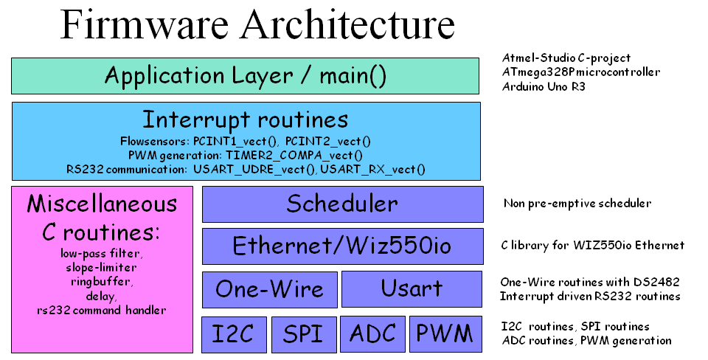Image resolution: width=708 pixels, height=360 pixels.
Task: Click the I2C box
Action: [234, 334]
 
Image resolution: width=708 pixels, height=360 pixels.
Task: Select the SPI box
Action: [304, 334]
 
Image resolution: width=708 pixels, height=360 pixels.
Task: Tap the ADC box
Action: [372, 333]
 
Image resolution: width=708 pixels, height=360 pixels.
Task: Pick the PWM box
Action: [445, 333]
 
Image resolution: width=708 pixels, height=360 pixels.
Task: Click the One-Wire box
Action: [270, 289]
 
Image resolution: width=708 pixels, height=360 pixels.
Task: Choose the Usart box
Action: [412, 289]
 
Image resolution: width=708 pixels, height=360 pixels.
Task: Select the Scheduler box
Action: [343, 204]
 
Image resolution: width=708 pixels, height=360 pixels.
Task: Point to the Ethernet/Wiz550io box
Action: [343, 246]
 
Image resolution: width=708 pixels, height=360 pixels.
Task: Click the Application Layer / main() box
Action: [245, 76]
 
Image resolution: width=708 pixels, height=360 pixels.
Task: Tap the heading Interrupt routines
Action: [246, 120]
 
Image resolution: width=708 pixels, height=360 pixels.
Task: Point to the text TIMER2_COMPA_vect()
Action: [294, 156]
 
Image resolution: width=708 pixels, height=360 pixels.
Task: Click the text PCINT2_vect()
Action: [328, 142]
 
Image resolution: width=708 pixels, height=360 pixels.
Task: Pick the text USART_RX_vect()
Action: [372, 170]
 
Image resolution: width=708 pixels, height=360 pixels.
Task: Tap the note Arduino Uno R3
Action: [544, 86]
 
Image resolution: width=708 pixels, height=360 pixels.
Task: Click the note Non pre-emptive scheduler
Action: [577, 204]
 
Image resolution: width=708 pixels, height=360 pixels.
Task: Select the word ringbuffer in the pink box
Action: [101, 282]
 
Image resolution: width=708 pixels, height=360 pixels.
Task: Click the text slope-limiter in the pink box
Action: [101, 267]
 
